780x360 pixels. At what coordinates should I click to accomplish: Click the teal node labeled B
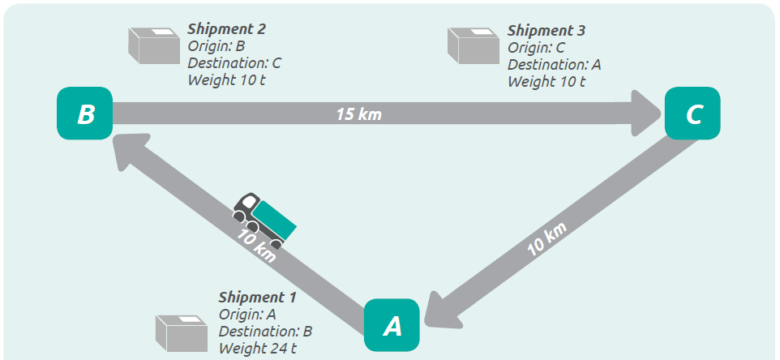click(x=84, y=114)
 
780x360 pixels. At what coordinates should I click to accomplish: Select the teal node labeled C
click(x=692, y=114)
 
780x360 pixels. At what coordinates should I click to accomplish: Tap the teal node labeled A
click(x=392, y=326)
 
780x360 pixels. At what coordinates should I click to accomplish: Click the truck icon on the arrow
click(x=264, y=220)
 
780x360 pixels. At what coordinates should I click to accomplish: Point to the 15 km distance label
click(x=358, y=114)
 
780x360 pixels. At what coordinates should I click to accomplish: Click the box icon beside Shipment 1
click(x=183, y=333)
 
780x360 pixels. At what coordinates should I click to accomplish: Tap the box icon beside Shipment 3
click(x=474, y=45)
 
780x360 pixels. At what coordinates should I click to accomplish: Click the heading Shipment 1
click(x=257, y=298)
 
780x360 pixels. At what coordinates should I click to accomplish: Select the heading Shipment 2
click(x=227, y=29)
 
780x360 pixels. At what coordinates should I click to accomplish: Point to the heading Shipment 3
click(x=546, y=30)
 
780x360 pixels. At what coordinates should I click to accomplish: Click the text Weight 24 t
click(x=256, y=349)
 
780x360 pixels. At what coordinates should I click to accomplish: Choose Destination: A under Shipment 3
click(x=554, y=64)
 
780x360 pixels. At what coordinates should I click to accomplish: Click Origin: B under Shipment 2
click(x=211, y=46)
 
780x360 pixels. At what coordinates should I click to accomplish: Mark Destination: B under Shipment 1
click(x=265, y=332)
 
